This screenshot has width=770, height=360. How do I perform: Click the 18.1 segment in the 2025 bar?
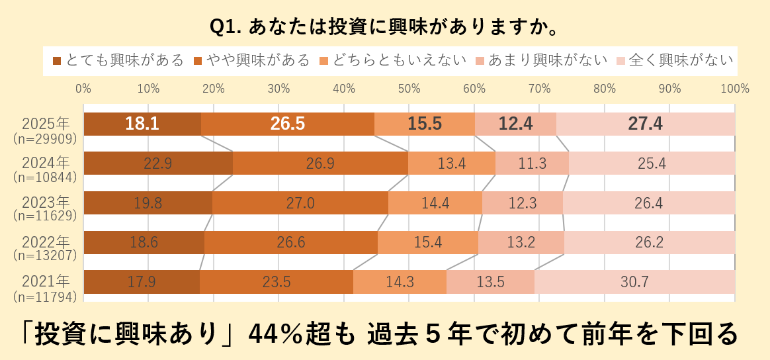pos(142,124)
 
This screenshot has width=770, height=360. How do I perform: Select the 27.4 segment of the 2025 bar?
pos(646,124)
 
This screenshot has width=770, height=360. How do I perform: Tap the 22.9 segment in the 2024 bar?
pos(158,163)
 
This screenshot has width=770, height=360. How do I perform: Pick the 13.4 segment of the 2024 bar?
pos(452,163)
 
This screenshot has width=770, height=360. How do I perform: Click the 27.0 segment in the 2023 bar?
pos(300,203)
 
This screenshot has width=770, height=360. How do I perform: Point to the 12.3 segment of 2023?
pos(523,203)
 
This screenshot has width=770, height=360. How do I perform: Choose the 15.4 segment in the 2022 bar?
pos(427,242)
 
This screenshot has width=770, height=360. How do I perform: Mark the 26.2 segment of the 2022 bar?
pos(649,242)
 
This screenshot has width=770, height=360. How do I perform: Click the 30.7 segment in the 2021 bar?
pos(634,282)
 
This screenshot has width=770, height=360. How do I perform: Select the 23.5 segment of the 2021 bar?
pos(277,282)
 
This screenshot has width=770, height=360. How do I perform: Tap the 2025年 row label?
pos(45,124)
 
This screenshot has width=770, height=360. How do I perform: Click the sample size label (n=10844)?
pos(45,177)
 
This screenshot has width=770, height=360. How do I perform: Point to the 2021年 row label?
pos(45,281)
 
